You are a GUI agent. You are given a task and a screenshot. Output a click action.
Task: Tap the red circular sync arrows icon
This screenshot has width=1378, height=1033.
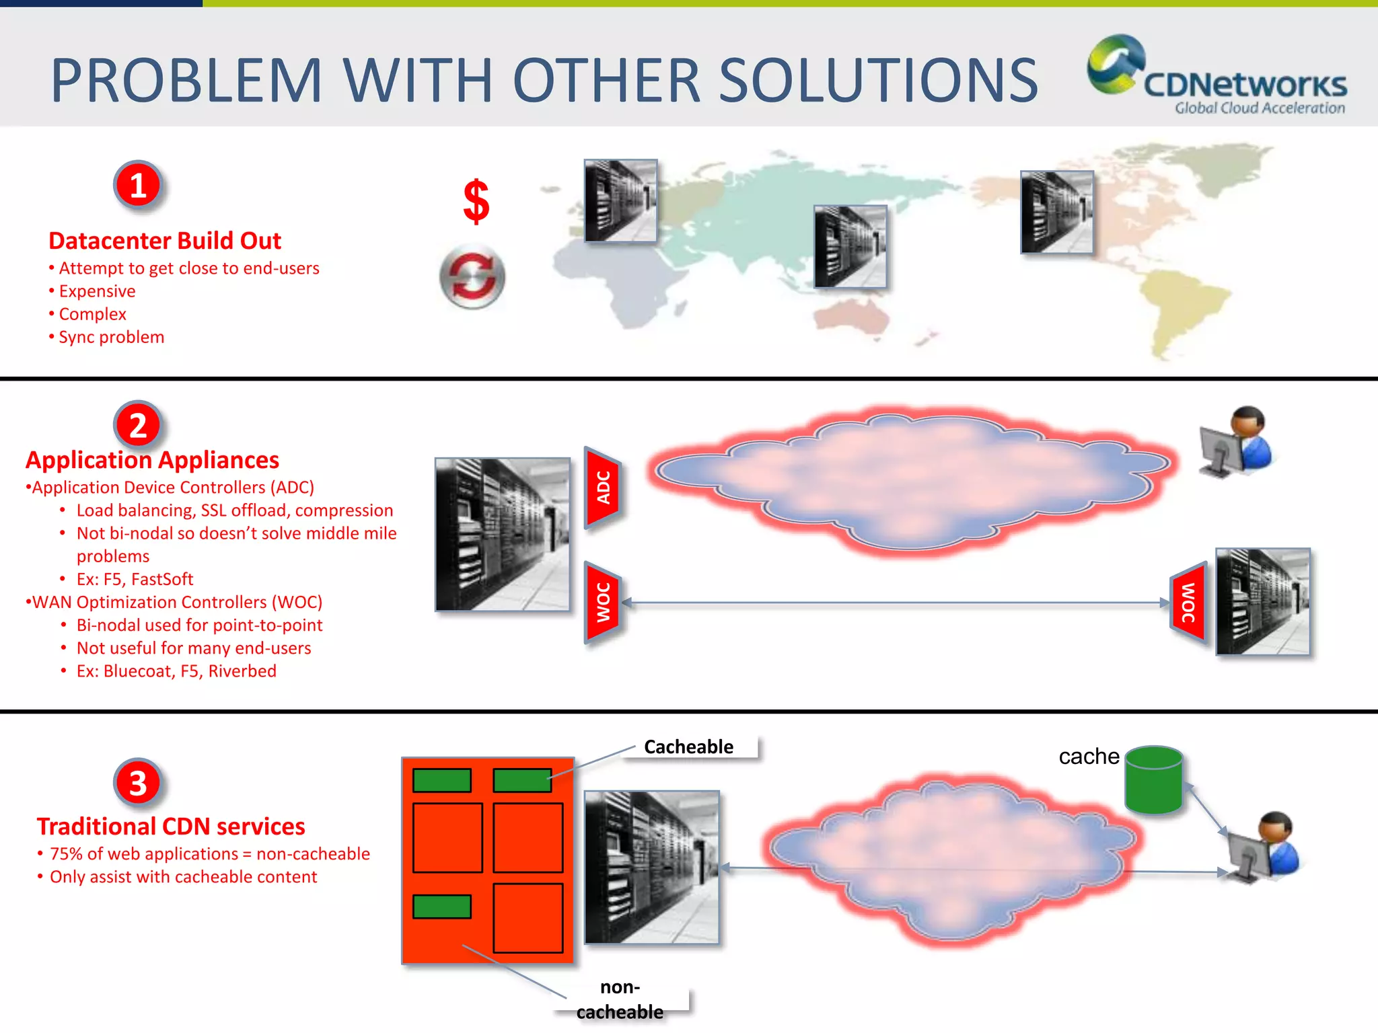click(472, 277)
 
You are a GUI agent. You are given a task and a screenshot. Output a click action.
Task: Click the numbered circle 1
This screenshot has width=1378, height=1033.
click(138, 185)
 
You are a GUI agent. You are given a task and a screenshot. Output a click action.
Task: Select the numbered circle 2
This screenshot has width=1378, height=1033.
click(138, 425)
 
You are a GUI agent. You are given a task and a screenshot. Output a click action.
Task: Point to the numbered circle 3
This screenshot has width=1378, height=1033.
click(138, 783)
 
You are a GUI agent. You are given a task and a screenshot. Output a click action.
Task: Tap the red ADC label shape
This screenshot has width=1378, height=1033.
click(603, 488)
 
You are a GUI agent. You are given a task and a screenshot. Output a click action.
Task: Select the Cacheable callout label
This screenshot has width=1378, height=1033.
click(688, 747)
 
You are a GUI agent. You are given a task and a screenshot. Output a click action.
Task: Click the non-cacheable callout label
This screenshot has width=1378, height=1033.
click(620, 999)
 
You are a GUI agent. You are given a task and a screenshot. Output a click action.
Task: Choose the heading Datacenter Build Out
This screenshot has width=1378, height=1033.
click(165, 241)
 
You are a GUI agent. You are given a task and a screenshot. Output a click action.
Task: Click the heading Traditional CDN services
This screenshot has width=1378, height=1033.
click(171, 826)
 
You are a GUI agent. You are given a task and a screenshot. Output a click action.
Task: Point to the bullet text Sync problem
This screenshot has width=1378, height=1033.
click(111, 337)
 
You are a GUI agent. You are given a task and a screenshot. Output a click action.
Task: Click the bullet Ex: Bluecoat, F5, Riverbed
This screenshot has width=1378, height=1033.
click(176, 671)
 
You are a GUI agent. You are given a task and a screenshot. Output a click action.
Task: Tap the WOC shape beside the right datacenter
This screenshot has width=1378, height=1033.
click(1188, 603)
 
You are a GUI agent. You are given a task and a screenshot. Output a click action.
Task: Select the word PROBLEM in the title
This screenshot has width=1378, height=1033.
click(187, 81)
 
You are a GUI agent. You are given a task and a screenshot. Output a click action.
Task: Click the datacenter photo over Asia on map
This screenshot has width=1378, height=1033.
click(850, 247)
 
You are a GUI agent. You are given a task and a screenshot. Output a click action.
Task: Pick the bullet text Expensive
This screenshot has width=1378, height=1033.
click(97, 291)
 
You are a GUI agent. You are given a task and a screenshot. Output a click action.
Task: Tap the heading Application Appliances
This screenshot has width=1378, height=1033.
click(152, 460)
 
